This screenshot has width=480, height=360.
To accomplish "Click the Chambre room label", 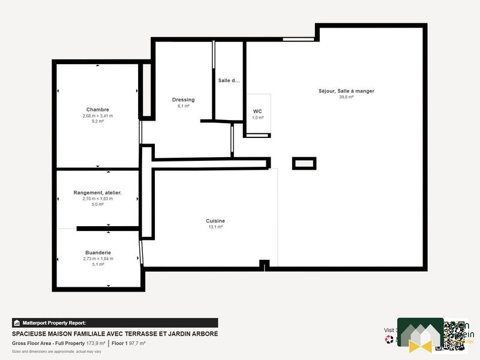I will (97, 109).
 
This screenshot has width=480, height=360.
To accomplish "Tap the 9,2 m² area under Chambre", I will (97, 121).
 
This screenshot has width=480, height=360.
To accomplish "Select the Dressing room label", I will (183, 100).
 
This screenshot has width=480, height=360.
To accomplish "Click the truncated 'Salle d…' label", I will (229, 80).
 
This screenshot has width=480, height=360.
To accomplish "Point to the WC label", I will (257, 112).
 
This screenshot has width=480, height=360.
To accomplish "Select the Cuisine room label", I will (215, 221).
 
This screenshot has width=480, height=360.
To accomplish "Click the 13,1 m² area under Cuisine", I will (215, 227).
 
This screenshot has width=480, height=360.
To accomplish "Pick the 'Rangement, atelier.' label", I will (97, 193).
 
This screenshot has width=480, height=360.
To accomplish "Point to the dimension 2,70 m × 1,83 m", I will (97, 199).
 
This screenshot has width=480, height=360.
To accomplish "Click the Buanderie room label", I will (98, 253).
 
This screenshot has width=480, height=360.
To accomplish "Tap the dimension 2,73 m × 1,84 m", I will (98, 259).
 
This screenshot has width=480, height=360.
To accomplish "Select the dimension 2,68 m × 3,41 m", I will (97, 115).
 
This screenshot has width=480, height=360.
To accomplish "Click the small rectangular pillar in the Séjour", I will (304, 163).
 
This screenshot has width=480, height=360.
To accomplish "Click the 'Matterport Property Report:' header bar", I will (115, 323).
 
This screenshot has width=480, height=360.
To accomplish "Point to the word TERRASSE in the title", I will (140, 334).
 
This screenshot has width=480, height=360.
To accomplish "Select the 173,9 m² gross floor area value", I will (95, 343).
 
